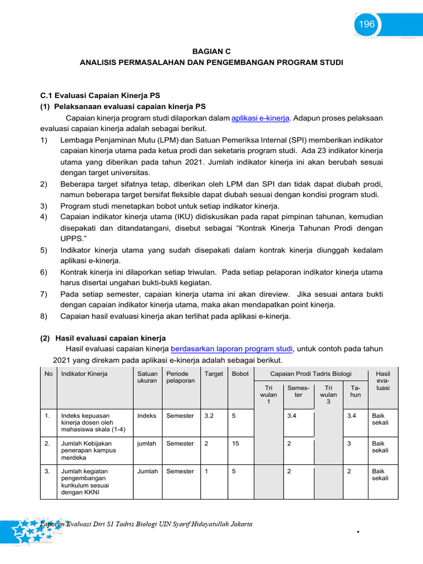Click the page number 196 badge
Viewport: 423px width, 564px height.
[x=367, y=24]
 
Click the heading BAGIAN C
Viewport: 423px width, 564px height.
[x=211, y=51]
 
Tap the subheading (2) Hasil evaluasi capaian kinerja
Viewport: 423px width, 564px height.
[x=103, y=338]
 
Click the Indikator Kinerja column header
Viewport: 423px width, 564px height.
[x=84, y=374]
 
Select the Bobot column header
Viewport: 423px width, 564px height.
[x=240, y=374]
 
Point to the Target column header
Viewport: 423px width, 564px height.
[x=214, y=374]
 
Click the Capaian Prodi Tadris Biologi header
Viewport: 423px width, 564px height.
[x=311, y=374]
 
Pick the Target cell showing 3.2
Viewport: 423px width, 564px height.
[x=209, y=416]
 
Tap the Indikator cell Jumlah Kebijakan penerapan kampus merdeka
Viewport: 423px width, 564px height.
[x=88, y=450]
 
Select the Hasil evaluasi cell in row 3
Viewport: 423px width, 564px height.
[x=380, y=475]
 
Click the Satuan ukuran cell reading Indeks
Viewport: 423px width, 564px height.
[x=147, y=416]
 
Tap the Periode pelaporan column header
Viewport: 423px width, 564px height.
[x=180, y=377]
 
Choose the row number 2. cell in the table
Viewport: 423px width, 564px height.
[x=48, y=443]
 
